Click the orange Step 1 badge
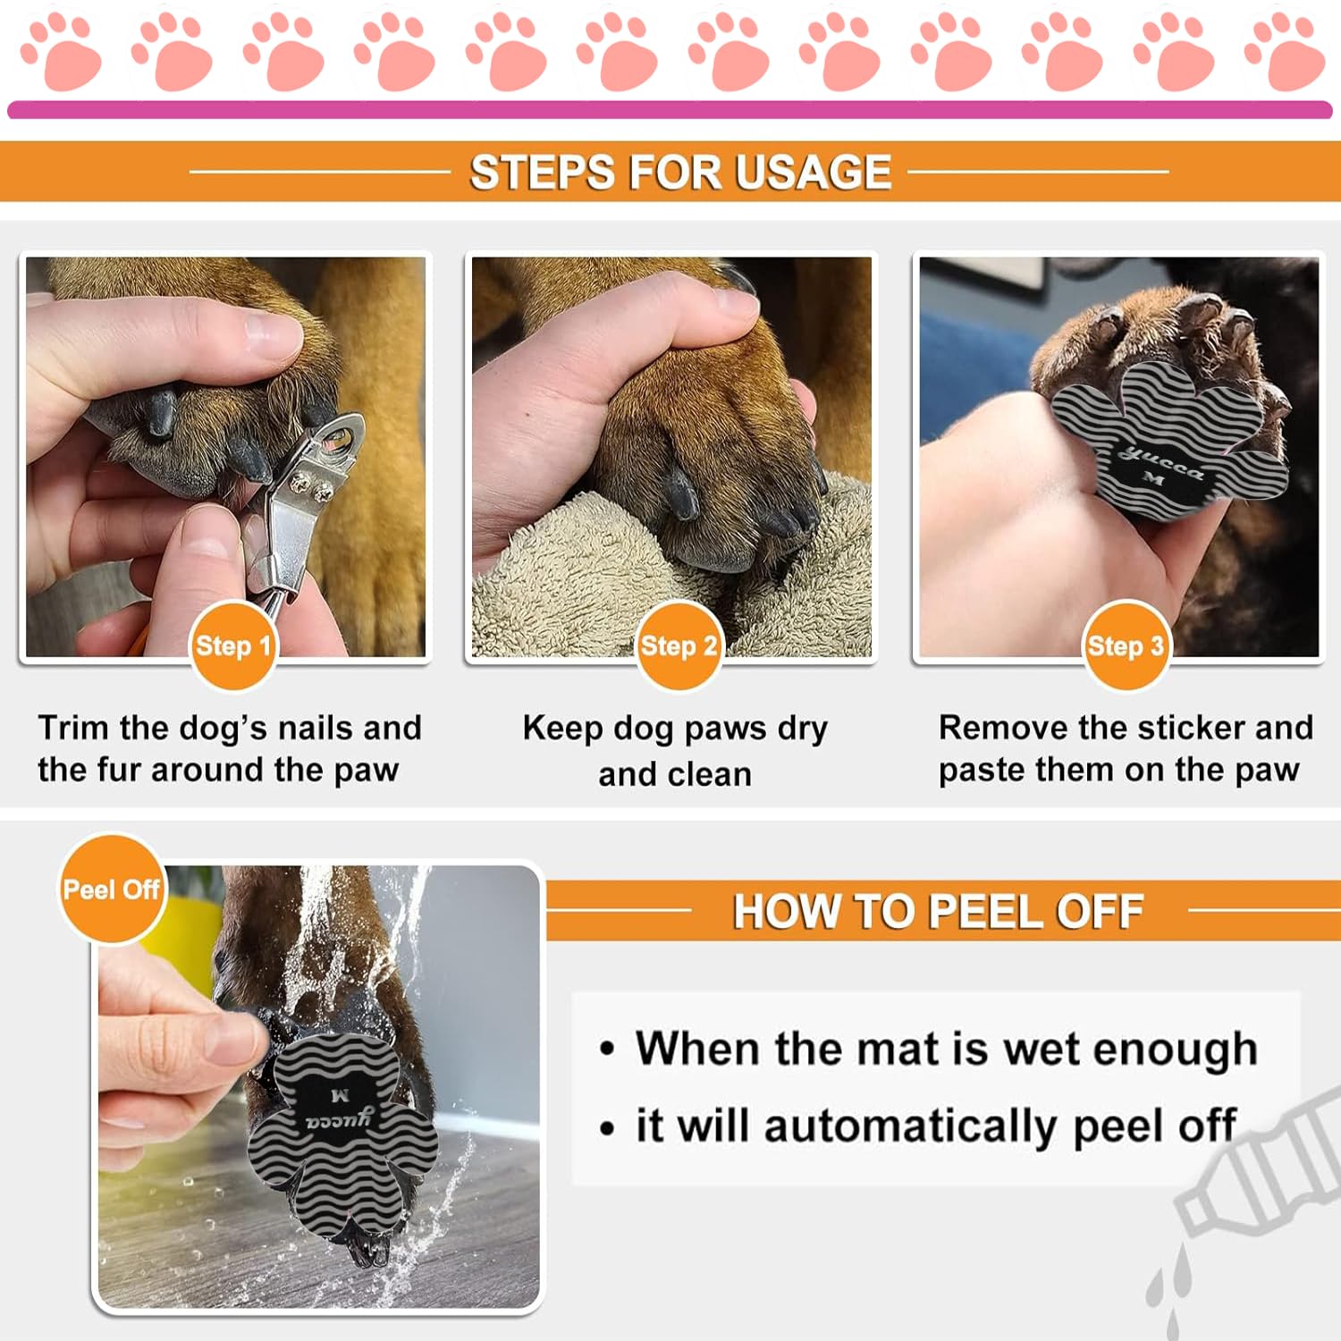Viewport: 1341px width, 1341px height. click(232, 645)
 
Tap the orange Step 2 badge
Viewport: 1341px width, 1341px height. click(679, 645)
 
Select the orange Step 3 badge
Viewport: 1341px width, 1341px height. click(1126, 645)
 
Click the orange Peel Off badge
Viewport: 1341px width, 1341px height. click(112, 890)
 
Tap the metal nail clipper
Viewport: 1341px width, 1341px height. click(304, 501)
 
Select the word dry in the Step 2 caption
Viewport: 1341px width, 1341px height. click(802, 728)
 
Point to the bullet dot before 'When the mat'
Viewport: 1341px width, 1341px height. click(608, 1049)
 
